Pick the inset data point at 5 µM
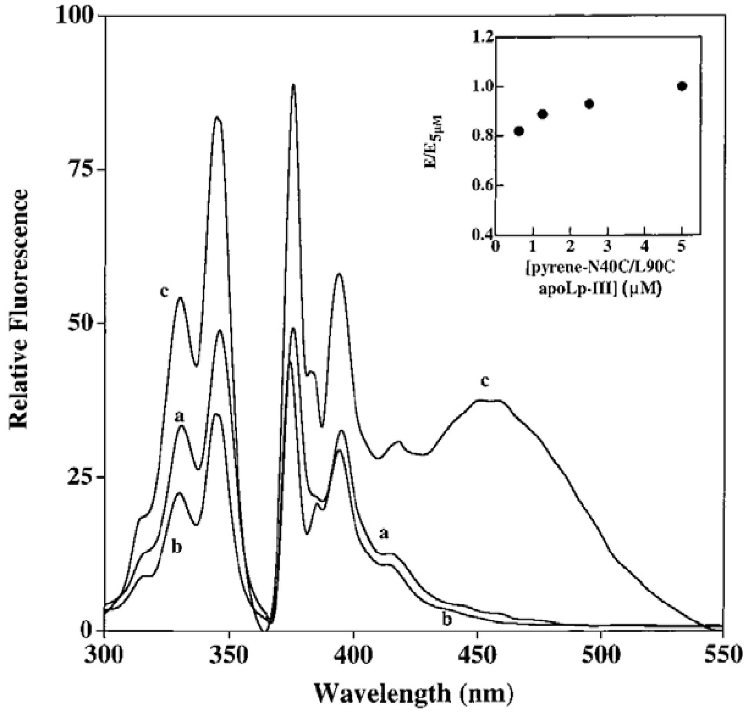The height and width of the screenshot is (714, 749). [x=682, y=86]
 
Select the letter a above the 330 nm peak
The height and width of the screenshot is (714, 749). [x=179, y=417]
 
